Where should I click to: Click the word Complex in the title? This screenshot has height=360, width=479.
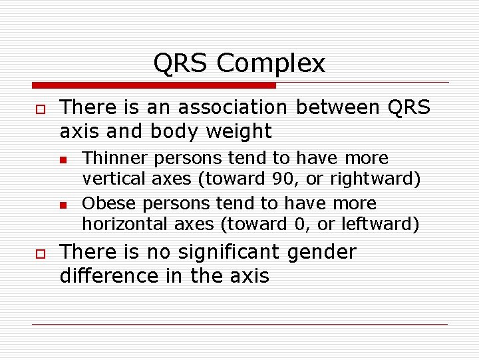[x=271, y=64]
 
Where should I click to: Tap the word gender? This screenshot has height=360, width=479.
[x=321, y=253]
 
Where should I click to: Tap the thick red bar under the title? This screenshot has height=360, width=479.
[x=154, y=85]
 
